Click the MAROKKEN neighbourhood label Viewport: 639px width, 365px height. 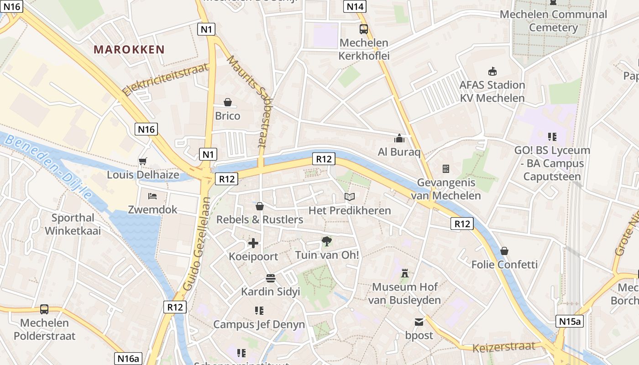(129, 50)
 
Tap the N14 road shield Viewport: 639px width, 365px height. (355, 6)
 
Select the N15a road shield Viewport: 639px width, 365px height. (570, 321)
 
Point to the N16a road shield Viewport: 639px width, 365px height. (128, 359)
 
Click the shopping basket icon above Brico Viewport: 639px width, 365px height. (228, 102)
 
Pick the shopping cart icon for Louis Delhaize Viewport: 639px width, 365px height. (142, 161)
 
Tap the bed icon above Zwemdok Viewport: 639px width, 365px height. (152, 196)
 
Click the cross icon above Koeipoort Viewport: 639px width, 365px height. (253, 243)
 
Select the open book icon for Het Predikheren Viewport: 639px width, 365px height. (350, 197)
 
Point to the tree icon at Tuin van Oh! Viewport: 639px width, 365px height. (327, 241)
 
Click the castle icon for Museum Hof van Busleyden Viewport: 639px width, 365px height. (404, 273)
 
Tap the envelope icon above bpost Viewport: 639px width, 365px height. (419, 322)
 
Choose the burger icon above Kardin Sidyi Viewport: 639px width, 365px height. (270, 278)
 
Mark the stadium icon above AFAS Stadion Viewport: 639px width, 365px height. (492, 71)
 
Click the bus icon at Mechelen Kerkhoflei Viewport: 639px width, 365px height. (364, 29)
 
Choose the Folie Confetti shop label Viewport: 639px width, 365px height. (504, 265)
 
